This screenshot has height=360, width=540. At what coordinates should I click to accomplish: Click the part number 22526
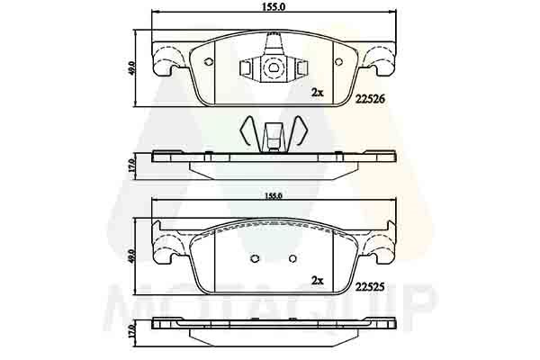coord(370,100)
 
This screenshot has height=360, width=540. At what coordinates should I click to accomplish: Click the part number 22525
coord(370,287)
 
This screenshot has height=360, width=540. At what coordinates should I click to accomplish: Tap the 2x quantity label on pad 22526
coord(317,93)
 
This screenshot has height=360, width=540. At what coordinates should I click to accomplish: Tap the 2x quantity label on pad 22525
coord(317,281)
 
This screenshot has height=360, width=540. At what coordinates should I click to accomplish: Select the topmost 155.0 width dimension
coord(274,6)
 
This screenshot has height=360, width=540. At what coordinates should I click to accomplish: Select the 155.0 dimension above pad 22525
coord(274,196)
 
